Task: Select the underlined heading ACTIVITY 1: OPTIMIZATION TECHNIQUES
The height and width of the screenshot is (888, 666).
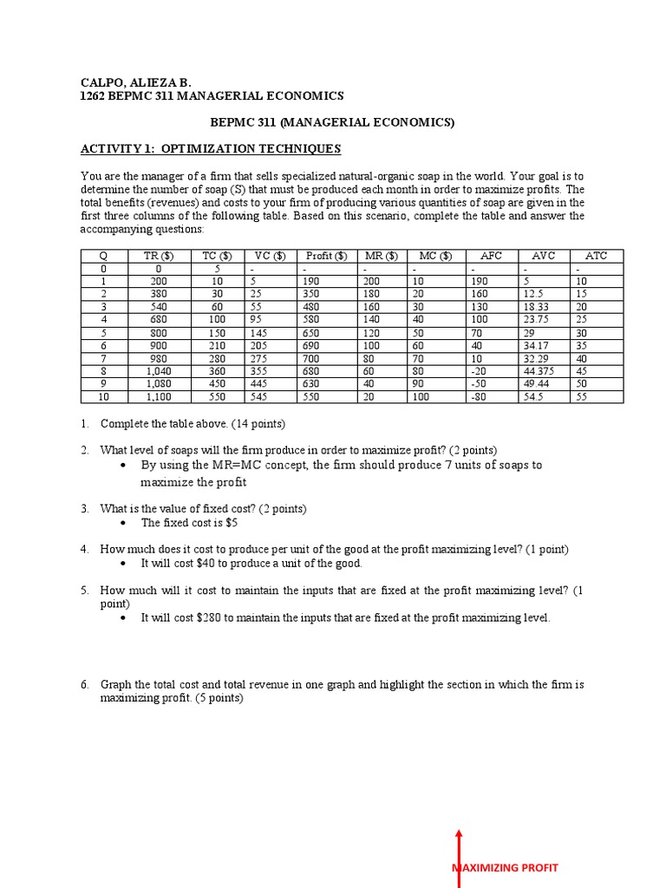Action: (211, 149)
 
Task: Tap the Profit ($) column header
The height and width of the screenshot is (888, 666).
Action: (326, 256)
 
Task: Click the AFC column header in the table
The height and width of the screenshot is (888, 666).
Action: (491, 256)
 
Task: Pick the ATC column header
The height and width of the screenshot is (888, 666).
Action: (596, 256)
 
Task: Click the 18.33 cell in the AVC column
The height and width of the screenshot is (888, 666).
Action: (536, 306)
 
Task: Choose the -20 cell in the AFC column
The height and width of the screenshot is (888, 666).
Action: (480, 370)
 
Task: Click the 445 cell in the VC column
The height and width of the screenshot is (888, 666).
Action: (257, 383)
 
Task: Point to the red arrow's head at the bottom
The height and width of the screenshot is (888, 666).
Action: (459, 833)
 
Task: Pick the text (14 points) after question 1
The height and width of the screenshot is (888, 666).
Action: (253, 424)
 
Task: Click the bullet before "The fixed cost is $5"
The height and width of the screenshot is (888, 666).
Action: (123, 523)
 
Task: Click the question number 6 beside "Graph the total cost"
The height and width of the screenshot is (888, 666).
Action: (85, 685)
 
